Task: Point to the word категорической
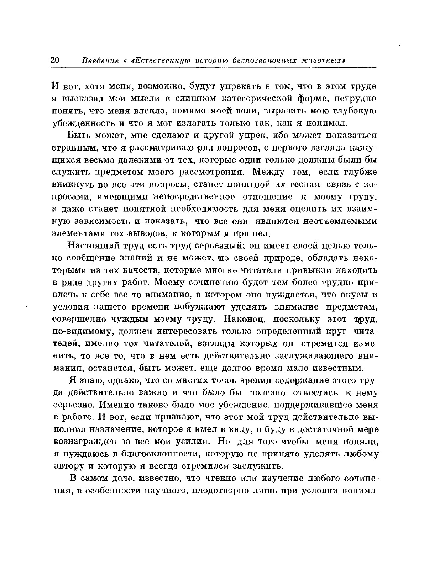pos(251,98)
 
